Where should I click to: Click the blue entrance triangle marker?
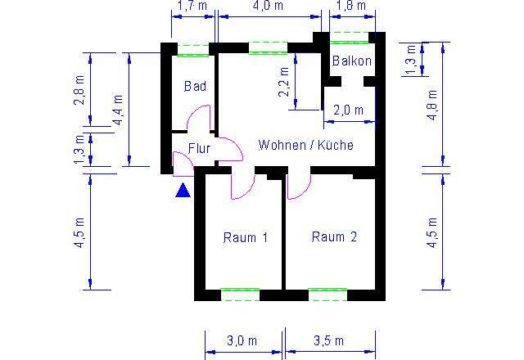click(x=183, y=191)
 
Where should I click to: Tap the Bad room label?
click(x=195, y=86)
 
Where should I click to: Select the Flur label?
click(x=199, y=148)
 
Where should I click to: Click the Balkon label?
click(x=352, y=61)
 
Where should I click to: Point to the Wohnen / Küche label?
click(x=305, y=145)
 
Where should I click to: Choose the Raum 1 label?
click(x=246, y=237)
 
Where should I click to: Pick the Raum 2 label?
click(x=334, y=236)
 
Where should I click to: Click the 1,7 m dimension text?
click(x=192, y=6)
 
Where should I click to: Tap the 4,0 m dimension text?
click(x=268, y=6)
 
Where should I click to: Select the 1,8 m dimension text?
click(x=351, y=6)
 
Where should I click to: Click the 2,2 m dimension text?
click(x=284, y=82)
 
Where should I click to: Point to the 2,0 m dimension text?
click(x=348, y=110)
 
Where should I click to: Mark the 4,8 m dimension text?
click(x=432, y=105)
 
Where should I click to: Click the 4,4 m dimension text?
click(x=118, y=110)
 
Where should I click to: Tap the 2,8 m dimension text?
click(x=79, y=90)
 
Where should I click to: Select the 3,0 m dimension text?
click(x=242, y=341)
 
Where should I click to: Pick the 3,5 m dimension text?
click(x=329, y=340)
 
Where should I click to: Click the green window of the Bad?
click(x=193, y=50)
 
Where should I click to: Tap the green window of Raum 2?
click(x=327, y=295)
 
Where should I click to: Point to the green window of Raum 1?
click(x=240, y=295)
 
